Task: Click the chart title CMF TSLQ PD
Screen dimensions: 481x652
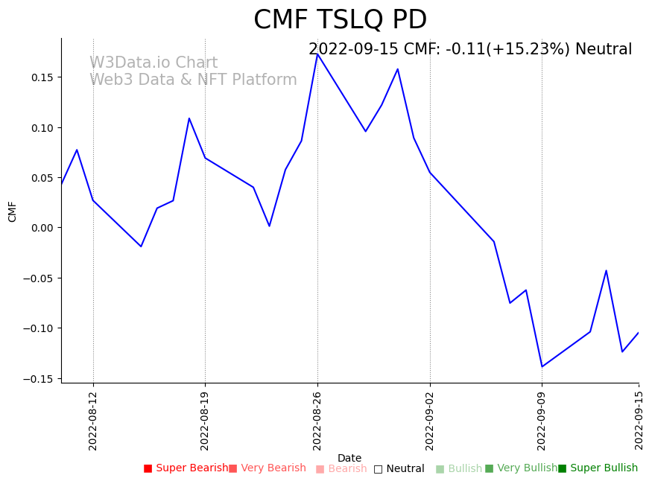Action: tap(340, 20)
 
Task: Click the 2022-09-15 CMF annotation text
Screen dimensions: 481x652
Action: tap(469, 50)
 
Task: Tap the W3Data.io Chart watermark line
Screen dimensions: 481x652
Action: tap(153, 63)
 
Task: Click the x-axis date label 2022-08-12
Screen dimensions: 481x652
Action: tap(93, 421)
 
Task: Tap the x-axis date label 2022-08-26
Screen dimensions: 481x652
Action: tap(317, 421)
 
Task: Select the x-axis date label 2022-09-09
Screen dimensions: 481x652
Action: tap(542, 421)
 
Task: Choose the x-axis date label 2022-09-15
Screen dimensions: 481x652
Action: tap(639, 421)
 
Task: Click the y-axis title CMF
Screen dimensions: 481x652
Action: tap(13, 211)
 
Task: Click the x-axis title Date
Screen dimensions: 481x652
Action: tap(349, 459)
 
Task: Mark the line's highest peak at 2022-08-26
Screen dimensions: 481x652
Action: tap(317, 54)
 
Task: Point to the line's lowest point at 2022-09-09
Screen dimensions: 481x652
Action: tap(542, 366)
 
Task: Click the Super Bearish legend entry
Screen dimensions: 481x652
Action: tap(186, 468)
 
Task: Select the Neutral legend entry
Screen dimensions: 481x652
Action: tap(399, 469)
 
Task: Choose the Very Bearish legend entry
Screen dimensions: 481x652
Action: tap(268, 468)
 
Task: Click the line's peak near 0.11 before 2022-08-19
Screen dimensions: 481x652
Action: tap(189, 118)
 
